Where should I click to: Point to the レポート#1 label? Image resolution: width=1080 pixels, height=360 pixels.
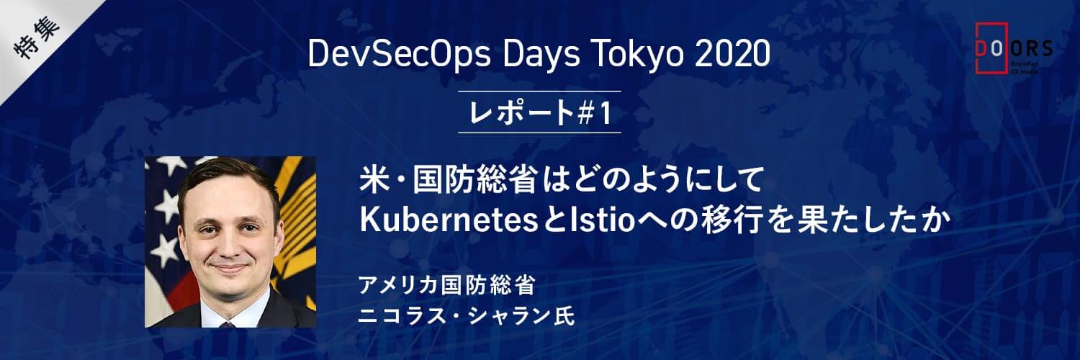(x=539, y=113)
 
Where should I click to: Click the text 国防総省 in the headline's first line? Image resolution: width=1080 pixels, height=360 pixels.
(x=474, y=179)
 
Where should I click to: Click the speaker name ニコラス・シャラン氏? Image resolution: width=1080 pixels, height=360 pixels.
(x=467, y=316)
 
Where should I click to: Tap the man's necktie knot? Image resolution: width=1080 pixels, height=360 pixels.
(x=227, y=325)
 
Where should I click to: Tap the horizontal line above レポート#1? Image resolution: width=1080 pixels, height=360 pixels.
(x=539, y=91)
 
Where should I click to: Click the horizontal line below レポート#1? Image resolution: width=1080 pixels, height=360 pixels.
(x=539, y=132)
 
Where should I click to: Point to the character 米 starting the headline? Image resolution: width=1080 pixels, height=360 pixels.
(x=374, y=179)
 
